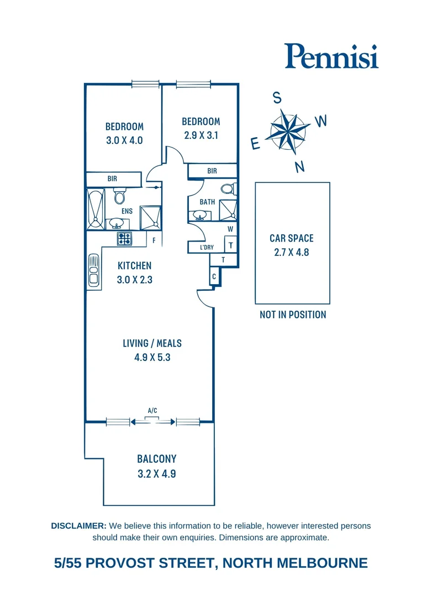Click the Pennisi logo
point(331,56)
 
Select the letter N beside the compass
point(300,166)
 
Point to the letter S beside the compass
point(277,98)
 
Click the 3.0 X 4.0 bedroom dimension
point(124,140)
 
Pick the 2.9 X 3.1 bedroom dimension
point(201,135)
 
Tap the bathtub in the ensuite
point(95,210)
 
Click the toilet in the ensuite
point(119,196)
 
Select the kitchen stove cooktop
point(124,239)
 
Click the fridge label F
point(154,240)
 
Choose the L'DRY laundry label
point(207,247)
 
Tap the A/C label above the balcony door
point(152,410)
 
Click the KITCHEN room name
point(134,266)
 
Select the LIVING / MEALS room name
point(152,343)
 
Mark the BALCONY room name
point(156,459)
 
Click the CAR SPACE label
point(291,238)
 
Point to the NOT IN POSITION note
point(293,315)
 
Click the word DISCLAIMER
point(78,526)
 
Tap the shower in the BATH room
point(228,210)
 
